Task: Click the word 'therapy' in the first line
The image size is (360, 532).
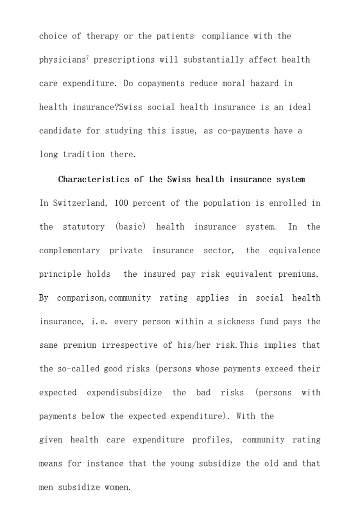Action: (x=102, y=37)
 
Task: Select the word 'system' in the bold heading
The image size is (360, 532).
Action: (x=290, y=179)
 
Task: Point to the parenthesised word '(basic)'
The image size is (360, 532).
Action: (x=130, y=227)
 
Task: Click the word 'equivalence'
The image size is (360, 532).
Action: (x=294, y=250)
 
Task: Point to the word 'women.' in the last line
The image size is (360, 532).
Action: (x=117, y=487)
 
